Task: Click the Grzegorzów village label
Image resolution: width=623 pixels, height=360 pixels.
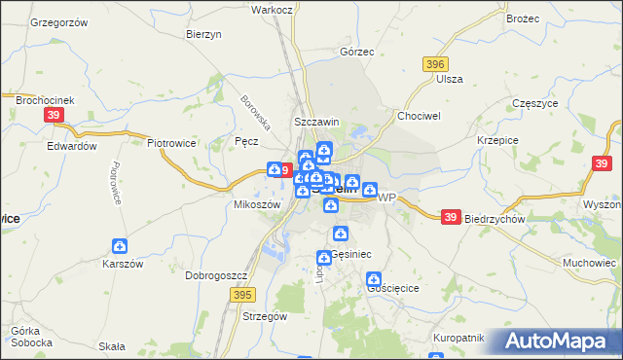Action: pos(59,21)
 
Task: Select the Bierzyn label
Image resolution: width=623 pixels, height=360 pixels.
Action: pos(203,33)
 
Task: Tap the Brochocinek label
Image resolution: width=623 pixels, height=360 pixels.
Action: pos(38,99)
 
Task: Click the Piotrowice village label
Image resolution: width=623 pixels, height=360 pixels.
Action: pos(172,142)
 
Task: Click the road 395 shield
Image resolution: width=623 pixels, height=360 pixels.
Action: pos(243,294)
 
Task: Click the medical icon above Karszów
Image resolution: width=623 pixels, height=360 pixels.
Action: pos(120,247)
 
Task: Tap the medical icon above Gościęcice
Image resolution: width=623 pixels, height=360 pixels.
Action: pos(374,280)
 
